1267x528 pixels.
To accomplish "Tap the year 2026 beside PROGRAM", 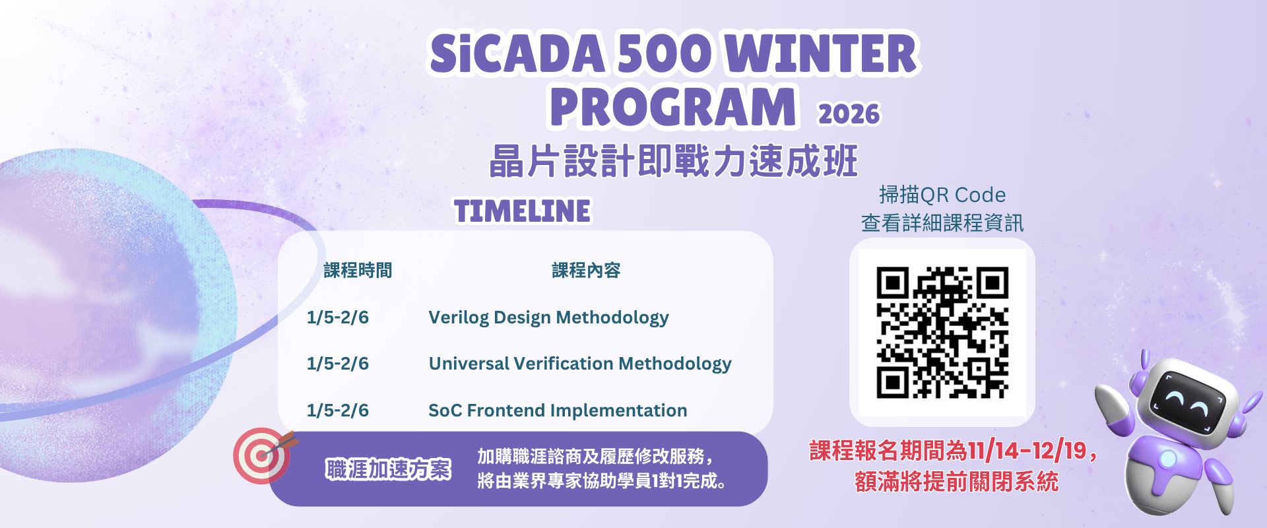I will point(849,114).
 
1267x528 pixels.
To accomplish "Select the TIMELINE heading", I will point(522,212).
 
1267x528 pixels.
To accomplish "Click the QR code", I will point(942,332).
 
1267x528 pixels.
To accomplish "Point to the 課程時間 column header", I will point(358,271).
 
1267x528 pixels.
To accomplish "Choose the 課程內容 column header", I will point(586,271).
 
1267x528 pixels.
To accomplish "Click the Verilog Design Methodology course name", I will point(548,317).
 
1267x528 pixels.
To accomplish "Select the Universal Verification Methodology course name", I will point(580,364).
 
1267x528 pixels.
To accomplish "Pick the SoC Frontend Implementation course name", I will point(558,411).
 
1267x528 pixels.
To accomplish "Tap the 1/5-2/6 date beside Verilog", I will point(338,317).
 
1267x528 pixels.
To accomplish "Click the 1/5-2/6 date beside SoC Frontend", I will point(338,411).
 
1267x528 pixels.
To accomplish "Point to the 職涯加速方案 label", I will point(388,469).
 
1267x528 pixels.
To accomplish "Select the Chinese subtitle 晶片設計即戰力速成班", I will point(673,162).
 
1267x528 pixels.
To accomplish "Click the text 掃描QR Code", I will point(942,195).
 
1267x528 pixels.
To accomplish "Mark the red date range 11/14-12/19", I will point(1026,451).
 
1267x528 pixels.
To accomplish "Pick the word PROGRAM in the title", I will point(672,107).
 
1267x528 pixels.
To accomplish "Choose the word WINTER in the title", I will point(825,54).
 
